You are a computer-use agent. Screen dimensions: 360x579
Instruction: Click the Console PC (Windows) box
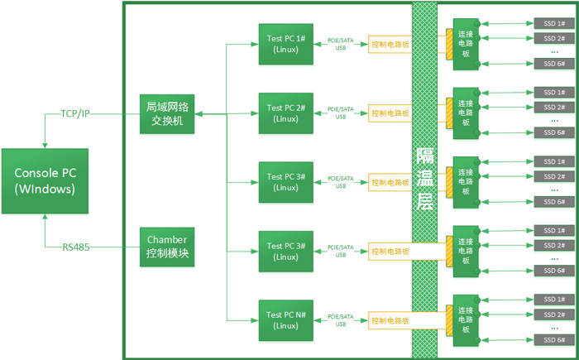tap(47, 180)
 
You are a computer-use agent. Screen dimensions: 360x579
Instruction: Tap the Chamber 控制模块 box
tap(168, 246)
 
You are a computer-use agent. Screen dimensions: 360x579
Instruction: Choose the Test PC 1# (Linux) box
tap(285, 43)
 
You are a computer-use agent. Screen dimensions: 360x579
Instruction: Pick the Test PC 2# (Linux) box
tap(285, 113)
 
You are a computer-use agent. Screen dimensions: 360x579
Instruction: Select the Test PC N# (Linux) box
tap(285, 320)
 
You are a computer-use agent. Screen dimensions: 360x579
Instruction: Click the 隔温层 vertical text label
tap(424, 179)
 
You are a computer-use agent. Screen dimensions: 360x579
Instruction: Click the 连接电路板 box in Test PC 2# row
tap(466, 113)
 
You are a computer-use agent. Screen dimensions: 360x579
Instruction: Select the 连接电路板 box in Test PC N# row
tap(466, 320)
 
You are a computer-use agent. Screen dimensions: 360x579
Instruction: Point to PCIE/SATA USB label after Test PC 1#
tap(341, 43)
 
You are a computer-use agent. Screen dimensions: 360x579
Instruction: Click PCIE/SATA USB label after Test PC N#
tap(341, 319)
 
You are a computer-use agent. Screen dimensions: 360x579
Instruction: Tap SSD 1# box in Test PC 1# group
tap(554, 22)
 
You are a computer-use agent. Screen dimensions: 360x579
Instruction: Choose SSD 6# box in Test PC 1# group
tap(554, 64)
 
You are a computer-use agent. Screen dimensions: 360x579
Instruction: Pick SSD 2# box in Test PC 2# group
tap(554, 107)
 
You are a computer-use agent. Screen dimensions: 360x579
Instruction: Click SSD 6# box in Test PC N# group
tap(554, 340)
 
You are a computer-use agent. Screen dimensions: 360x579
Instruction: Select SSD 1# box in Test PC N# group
tap(554, 299)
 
